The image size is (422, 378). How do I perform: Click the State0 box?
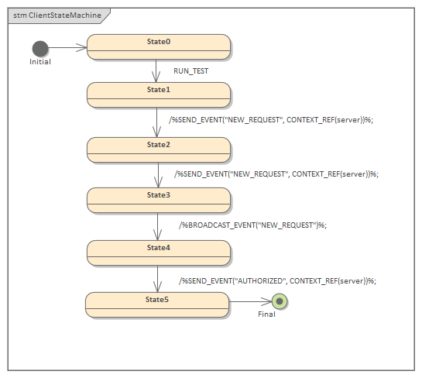click(x=159, y=46)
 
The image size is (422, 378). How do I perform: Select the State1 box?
click(x=159, y=94)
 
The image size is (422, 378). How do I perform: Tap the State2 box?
click(x=159, y=149)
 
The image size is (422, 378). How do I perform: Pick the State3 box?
click(x=159, y=200)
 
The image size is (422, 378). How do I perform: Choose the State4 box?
click(x=159, y=253)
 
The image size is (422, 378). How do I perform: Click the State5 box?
click(x=157, y=304)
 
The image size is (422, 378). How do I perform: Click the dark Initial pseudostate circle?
click(x=40, y=48)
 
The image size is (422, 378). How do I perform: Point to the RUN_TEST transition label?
click(x=190, y=71)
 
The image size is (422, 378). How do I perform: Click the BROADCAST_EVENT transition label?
click(x=252, y=225)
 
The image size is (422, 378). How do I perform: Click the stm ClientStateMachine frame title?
click(x=57, y=15)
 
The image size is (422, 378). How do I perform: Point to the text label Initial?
click(x=40, y=62)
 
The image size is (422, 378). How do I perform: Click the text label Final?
click(x=266, y=314)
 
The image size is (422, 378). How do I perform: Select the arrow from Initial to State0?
click(x=68, y=47)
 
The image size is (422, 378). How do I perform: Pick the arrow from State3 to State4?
click(x=157, y=226)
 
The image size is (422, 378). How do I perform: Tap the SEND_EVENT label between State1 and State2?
click(x=271, y=120)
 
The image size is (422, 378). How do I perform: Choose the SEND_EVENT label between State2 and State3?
click(x=276, y=174)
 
